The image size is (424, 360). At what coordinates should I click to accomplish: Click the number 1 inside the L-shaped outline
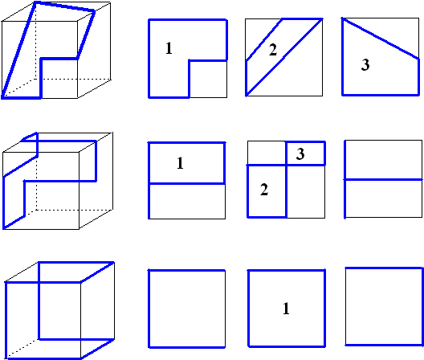(169, 48)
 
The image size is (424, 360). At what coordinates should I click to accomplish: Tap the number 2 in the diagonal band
(273, 50)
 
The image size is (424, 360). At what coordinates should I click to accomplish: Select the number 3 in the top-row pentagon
(365, 65)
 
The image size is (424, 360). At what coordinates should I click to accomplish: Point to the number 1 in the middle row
(180, 163)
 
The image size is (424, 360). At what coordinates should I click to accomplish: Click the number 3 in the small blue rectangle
(300, 153)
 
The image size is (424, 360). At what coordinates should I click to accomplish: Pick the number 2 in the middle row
(264, 190)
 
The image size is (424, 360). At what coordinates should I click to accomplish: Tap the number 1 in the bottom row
(286, 309)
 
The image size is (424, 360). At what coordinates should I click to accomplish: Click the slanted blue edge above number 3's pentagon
(381, 39)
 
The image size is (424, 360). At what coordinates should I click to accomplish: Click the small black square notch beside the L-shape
(208, 79)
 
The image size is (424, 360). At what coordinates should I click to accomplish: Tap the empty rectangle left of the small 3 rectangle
(267, 153)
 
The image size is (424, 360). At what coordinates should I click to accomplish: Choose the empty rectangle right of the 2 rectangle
(306, 191)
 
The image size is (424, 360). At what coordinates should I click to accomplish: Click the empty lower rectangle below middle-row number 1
(187, 202)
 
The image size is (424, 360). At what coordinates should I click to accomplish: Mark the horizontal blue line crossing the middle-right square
(383, 179)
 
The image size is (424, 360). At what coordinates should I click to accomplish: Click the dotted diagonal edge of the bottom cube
(22, 348)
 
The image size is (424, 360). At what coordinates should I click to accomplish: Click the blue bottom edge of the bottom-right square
(384, 345)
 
